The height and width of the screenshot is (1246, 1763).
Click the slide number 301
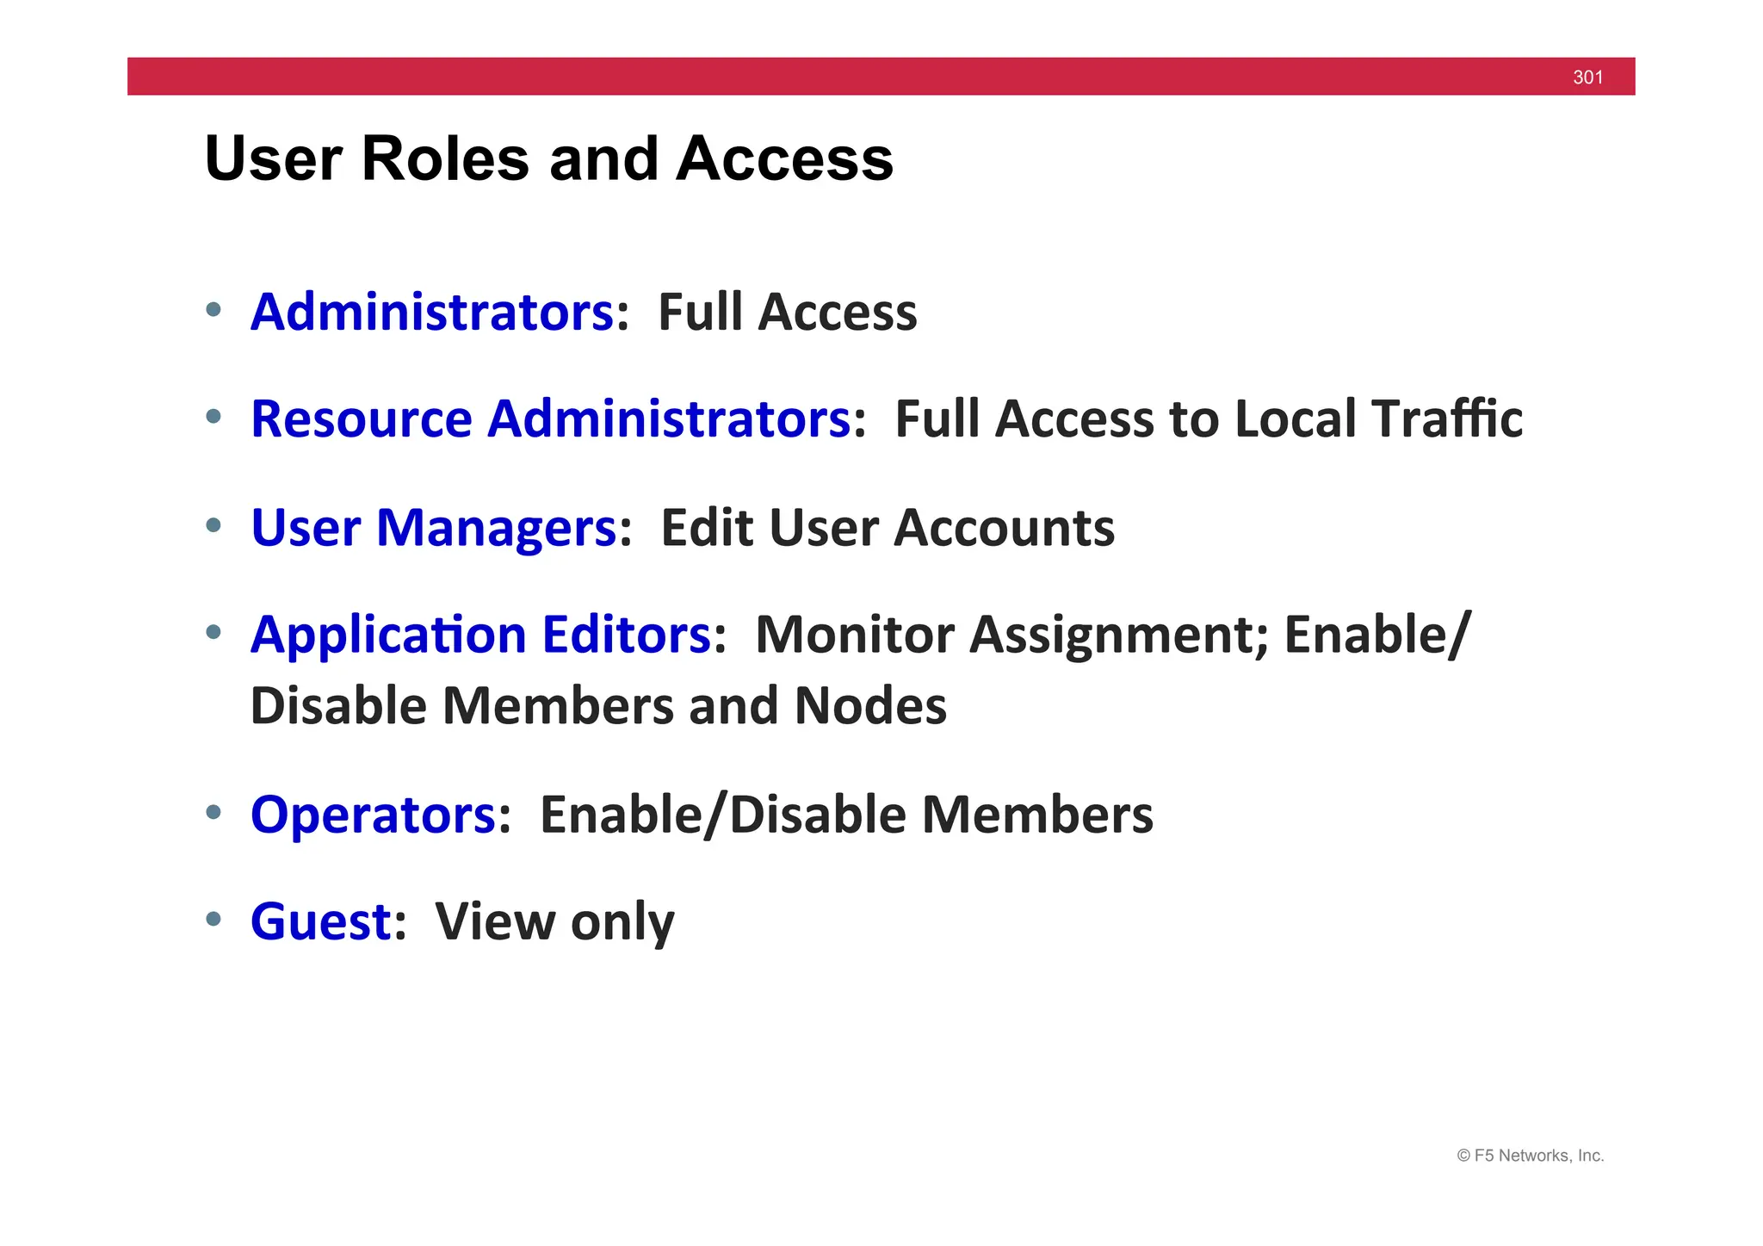pos(1587,77)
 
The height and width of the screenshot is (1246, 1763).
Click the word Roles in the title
pos(445,159)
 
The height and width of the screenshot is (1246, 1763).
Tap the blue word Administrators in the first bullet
pos(432,312)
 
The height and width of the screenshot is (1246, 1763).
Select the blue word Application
pos(388,635)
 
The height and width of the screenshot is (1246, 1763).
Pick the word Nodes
pos(869,706)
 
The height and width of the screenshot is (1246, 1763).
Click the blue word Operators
pos(373,815)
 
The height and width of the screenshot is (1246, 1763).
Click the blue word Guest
pos(321,921)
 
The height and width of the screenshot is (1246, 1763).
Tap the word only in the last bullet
pos(622,921)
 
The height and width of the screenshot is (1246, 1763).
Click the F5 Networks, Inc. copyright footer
pos(1530,1156)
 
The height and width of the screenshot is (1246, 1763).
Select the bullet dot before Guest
pos(213,919)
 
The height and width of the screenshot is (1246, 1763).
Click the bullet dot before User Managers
pos(213,524)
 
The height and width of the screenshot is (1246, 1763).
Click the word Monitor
pos(854,635)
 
